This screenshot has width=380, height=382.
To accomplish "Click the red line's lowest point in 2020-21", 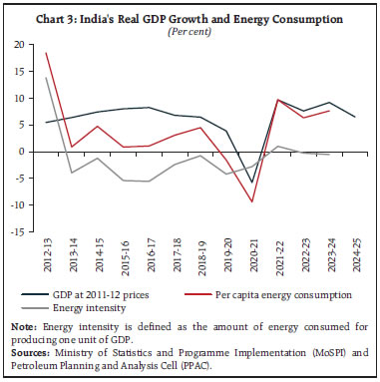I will point(252,201).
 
